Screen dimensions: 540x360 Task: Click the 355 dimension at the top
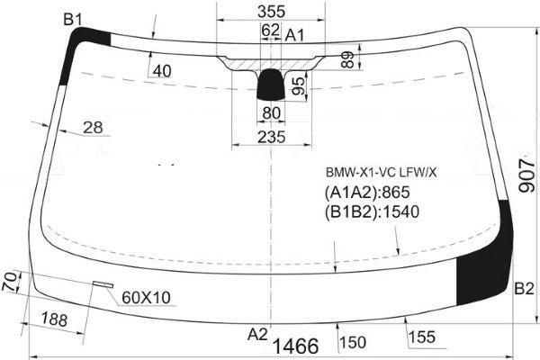coord(272,12)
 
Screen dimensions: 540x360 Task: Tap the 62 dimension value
coord(270,30)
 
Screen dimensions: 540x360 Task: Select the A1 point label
coord(295,35)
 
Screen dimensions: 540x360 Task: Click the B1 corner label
coord(73,20)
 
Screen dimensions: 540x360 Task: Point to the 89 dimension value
coord(348,59)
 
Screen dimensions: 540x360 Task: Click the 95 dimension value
coord(298,85)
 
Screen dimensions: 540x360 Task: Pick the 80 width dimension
coord(272,113)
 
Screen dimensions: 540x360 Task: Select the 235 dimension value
coord(272,137)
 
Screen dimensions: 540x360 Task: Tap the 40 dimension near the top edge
coord(162,71)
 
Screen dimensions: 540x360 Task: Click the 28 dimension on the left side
coord(93,128)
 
